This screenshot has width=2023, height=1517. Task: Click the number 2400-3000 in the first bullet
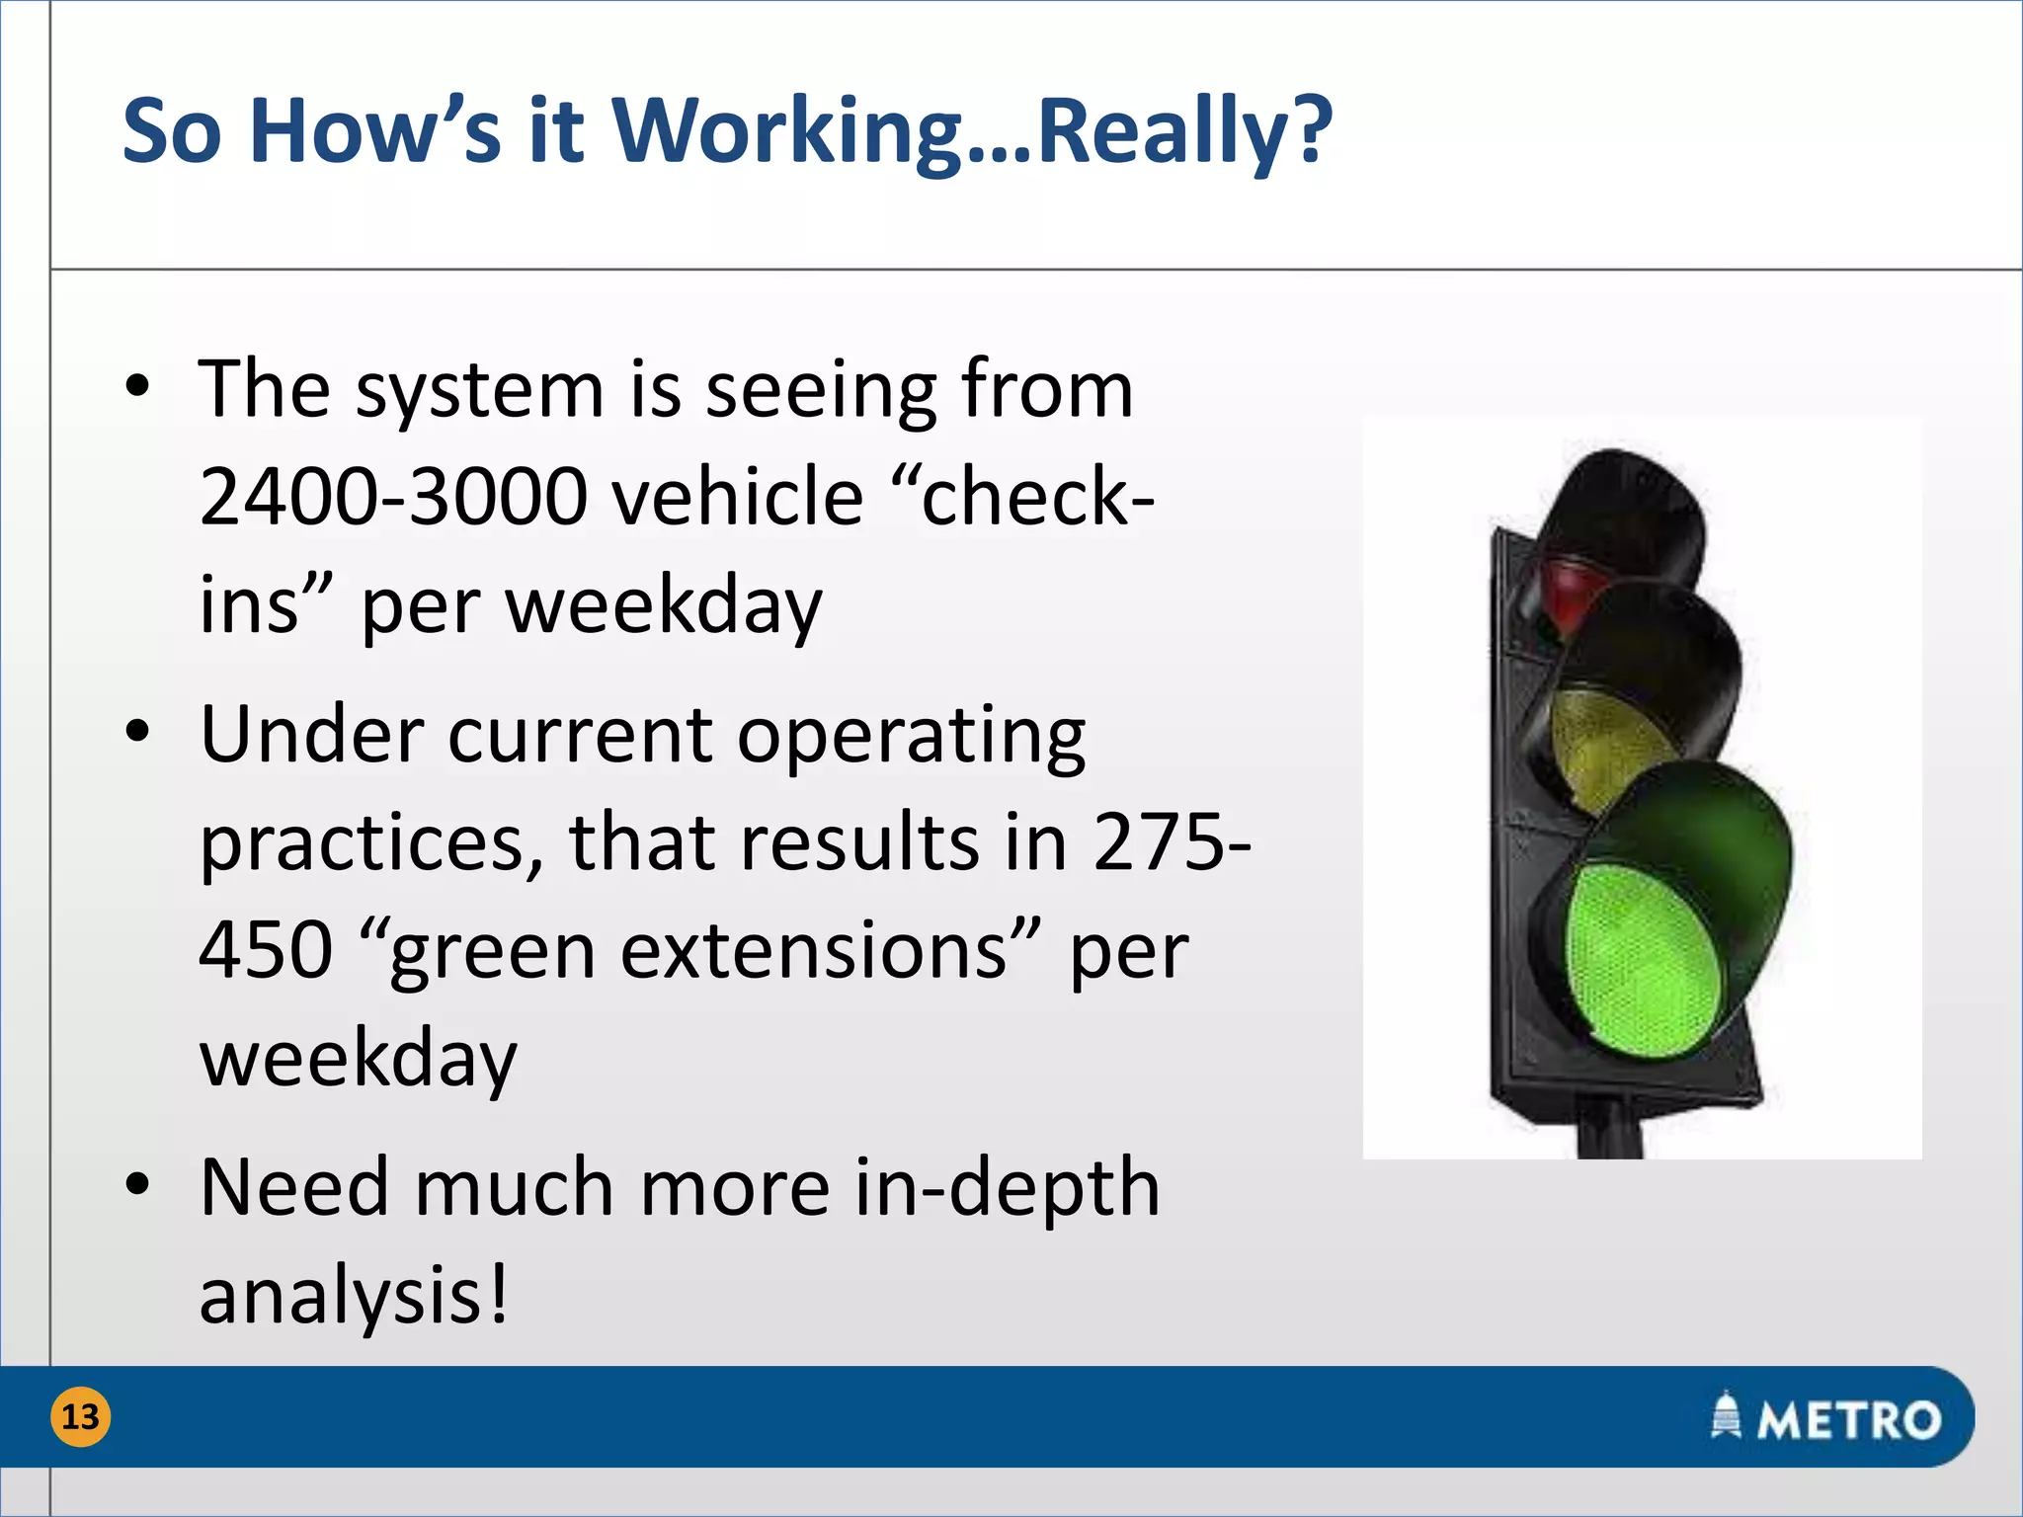click(392, 497)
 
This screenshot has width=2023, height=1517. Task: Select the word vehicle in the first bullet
click(738, 497)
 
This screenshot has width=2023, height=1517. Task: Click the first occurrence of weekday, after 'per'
click(663, 605)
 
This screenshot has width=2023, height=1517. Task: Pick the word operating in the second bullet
click(911, 737)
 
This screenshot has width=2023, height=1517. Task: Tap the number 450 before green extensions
click(266, 950)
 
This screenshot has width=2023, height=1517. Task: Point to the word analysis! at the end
click(354, 1296)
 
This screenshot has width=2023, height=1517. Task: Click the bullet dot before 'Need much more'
click(138, 1183)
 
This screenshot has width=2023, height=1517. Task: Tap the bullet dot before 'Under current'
click(138, 732)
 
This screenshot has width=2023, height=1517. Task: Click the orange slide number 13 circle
click(80, 1417)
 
